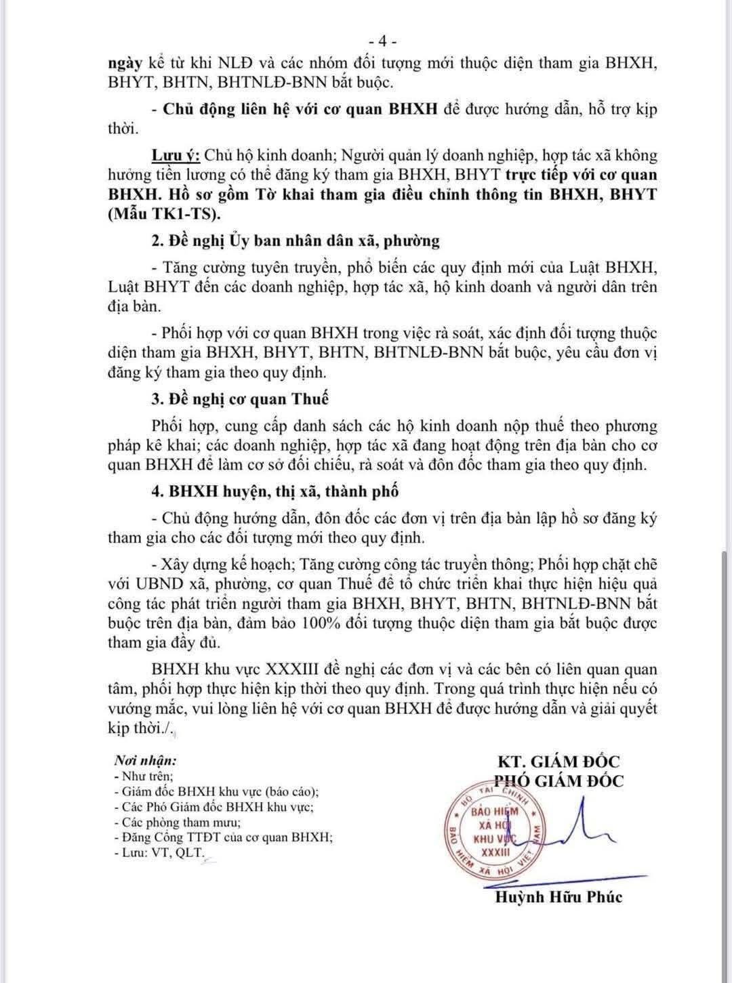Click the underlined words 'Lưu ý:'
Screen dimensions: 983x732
coord(175,155)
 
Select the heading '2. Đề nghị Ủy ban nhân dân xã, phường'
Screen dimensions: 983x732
coord(296,240)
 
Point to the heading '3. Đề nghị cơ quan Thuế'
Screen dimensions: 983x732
coord(241,398)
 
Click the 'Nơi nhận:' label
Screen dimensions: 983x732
coord(145,760)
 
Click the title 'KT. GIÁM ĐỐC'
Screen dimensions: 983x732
coord(558,761)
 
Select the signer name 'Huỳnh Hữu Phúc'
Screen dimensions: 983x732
coord(558,897)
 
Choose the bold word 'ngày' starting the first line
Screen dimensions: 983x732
coord(125,63)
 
